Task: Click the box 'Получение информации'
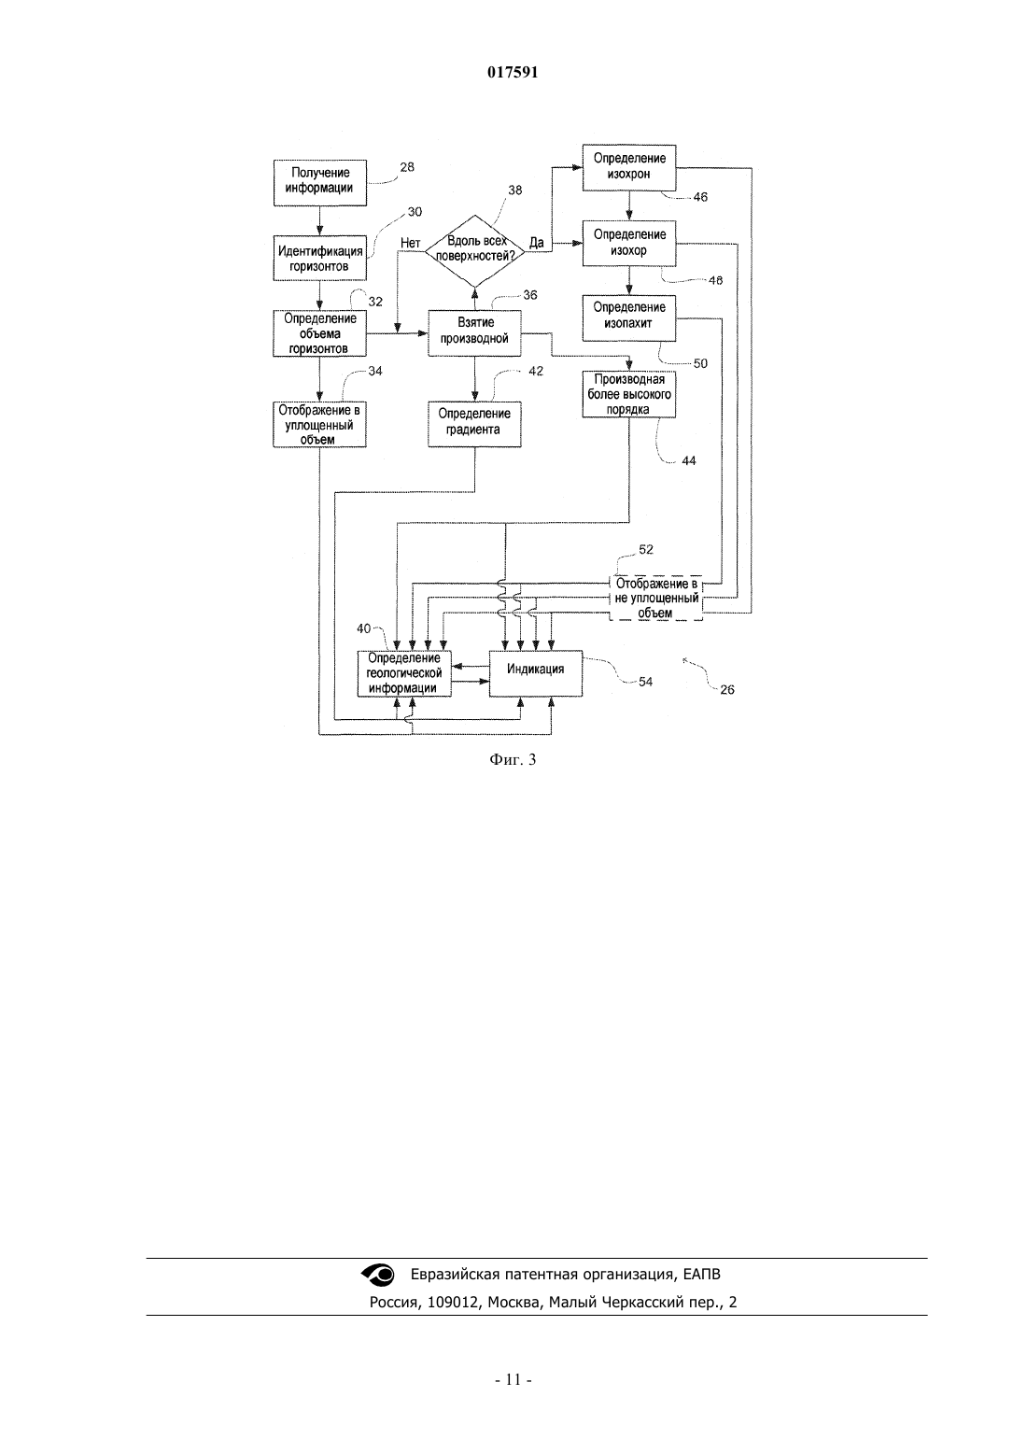click(319, 183)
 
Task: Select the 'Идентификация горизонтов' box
click(319, 258)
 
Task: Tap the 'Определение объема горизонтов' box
click(319, 333)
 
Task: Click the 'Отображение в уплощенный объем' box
click(319, 424)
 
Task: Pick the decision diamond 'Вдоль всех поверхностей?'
click(474, 251)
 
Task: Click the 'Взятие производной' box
click(474, 333)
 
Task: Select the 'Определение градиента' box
click(474, 424)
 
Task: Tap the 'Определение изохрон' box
click(629, 167)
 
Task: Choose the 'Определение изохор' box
click(629, 243)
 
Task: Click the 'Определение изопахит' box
click(629, 317)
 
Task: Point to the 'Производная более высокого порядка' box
click(629, 394)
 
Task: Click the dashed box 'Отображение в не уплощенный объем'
click(656, 598)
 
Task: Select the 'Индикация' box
click(536, 674)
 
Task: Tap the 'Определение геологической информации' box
click(404, 674)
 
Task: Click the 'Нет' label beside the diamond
click(410, 243)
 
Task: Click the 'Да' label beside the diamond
click(536, 243)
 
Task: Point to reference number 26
click(727, 689)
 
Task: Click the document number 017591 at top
click(513, 73)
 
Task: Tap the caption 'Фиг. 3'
click(513, 759)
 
